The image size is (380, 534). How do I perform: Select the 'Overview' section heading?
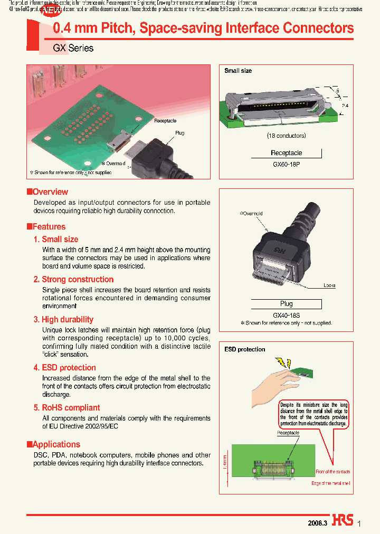pos(50,192)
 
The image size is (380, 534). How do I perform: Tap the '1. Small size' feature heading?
pos(56,240)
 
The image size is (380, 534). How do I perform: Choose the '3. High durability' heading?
pos(63,320)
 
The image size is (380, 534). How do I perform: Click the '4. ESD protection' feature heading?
pos(65,368)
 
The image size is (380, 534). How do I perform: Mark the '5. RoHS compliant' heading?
pos(66,408)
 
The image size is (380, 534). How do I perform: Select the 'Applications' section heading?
pos(56,444)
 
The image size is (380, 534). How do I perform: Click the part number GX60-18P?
pos(287,164)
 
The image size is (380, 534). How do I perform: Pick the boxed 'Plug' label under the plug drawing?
pos(286,304)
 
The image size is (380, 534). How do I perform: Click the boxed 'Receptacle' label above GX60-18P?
pos(287,153)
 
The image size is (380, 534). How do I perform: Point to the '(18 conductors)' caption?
pos(287,136)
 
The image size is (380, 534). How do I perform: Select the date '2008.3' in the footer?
pos(318,522)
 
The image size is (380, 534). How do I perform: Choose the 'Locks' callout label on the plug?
pos(329,285)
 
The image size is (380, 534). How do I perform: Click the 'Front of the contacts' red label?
pos(332,472)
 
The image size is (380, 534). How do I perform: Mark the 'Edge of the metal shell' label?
pos(330,483)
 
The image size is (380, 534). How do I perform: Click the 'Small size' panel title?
pos(238,71)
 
